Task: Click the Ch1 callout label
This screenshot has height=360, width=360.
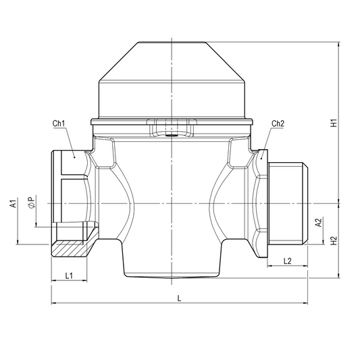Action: point(58,124)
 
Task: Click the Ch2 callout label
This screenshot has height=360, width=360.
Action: point(278,124)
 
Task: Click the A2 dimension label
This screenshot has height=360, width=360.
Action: point(317,222)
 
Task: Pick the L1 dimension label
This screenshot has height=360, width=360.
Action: point(68,276)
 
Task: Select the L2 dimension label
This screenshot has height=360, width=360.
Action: point(286,260)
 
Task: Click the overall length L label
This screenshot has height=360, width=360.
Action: point(178,298)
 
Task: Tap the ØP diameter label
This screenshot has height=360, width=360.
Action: point(30,204)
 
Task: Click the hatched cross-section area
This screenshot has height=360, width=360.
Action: point(71,249)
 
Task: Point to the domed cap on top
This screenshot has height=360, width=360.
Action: point(173,81)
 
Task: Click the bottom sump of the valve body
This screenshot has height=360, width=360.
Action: point(173,260)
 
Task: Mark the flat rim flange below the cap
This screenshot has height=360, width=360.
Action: point(173,122)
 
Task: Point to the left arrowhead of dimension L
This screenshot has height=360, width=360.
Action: point(53,304)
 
